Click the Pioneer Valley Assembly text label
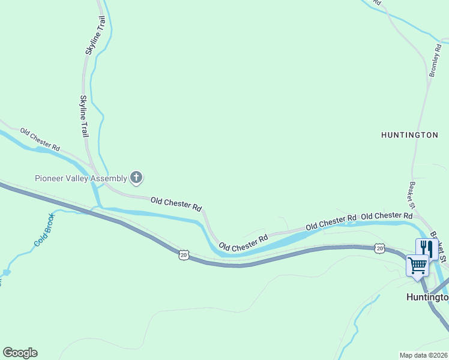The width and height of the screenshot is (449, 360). (x=80, y=178)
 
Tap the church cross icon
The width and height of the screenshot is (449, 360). (x=137, y=178)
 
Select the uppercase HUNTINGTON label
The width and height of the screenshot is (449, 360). (x=409, y=135)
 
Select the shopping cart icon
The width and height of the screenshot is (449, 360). (x=418, y=265)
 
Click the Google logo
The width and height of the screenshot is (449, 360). (x=20, y=353)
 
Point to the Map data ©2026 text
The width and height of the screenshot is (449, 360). (x=423, y=355)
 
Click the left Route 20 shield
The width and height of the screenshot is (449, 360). (x=184, y=256)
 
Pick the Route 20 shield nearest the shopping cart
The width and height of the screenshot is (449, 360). (x=379, y=248)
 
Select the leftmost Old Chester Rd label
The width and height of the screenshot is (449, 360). (x=40, y=139)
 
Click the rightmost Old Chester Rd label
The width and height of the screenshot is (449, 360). (x=387, y=215)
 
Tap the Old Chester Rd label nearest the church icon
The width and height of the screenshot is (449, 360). (x=176, y=203)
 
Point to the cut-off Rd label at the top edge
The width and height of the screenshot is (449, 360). (x=377, y=2)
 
